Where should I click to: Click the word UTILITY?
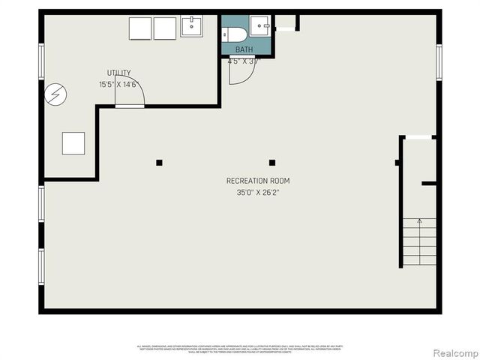pyautogui.click(x=118, y=73)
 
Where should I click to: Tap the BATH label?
pyautogui.click(x=244, y=49)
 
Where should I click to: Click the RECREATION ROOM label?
pyautogui.click(x=258, y=181)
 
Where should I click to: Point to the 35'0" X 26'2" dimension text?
pyautogui.click(x=258, y=192)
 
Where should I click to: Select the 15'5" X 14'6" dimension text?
pyautogui.click(x=118, y=85)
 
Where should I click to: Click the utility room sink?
pyautogui.click(x=190, y=28)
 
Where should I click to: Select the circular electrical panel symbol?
pyautogui.click(x=55, y=94)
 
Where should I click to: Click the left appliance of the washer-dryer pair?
pyautogui.click(x=140, y=28)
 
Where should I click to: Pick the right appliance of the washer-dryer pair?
pyautogui.click(x=165, y=28)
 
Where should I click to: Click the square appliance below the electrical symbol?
pyautogui.click(x=73, y=142)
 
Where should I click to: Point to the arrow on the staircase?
pyautogui.click(x=419, y=223)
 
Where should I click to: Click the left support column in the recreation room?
pyautogui.click(x=159, y=162)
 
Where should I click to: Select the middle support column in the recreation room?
pyautogui.click(x=272, y=162)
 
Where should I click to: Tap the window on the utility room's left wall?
pyautogui.click(x=41, y=61)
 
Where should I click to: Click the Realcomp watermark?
pyautogui.click(x=452, y=352)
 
